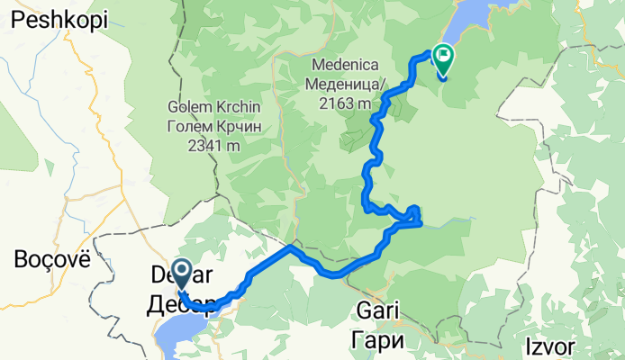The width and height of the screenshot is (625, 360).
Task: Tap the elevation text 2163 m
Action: click(x=344, y=103)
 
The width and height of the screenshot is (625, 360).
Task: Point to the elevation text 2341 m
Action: click(x=214, y=145)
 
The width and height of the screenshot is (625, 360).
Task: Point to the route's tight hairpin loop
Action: click(x=413, y=214)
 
